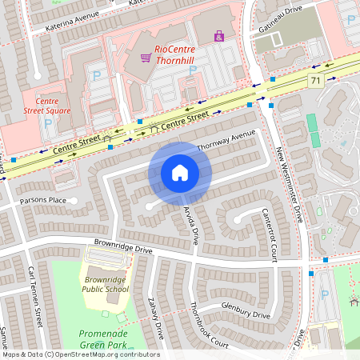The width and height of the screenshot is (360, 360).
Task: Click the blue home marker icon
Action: (x=180, y=173)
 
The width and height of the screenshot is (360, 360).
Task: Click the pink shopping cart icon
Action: (x=146, y=57)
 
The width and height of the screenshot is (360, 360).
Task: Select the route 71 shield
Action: (x=315, y=80)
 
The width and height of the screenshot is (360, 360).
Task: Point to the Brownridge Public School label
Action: (x=106, y=285)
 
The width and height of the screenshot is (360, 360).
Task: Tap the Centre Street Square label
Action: (x=42, y=107)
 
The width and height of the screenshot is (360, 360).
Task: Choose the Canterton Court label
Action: (x=269, y=234)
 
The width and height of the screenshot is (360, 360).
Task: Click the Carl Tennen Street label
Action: (x=34, y=287)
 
